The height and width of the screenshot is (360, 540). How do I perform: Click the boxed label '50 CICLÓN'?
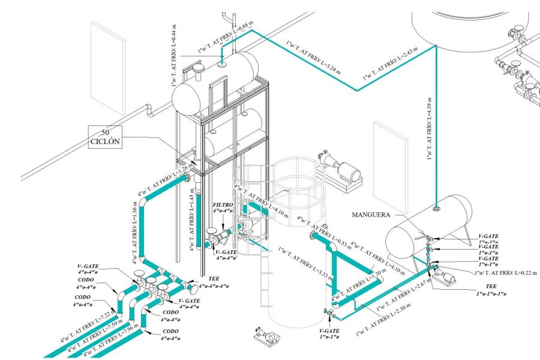[106, 136]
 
